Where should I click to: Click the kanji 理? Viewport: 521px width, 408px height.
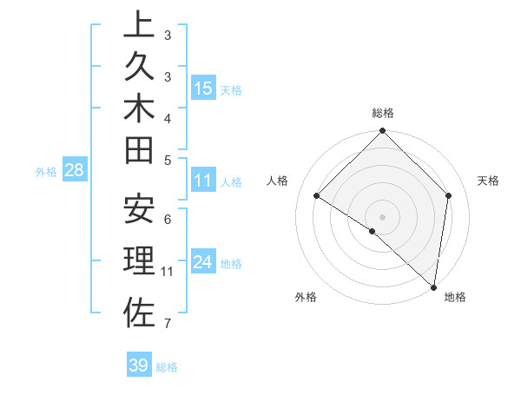[x=139, y=262]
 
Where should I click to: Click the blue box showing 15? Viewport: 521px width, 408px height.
[x=203, y=89]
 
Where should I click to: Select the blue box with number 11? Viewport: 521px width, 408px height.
[x=203, y=181]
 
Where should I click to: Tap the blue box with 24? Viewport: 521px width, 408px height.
[x=203, y=262]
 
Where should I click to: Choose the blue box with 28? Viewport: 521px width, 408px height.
[x=75, y=170]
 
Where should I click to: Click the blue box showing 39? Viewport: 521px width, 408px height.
[x=138, y=365]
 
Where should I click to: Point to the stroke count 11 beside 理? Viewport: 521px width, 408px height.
[x=168, y=272]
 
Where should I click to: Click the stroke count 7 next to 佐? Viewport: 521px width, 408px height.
[x=168, y=324]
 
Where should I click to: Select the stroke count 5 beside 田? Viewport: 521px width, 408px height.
[x=168, y=159]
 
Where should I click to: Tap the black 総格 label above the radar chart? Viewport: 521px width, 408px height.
[x=383, y=113]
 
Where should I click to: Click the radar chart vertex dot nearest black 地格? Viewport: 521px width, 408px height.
[x=433, y=286]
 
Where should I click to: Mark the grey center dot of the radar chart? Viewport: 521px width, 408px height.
[x=383, y=216]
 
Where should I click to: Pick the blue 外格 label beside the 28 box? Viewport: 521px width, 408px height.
[x=46, y=172]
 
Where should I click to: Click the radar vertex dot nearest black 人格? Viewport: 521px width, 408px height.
[x=317, y=195]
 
